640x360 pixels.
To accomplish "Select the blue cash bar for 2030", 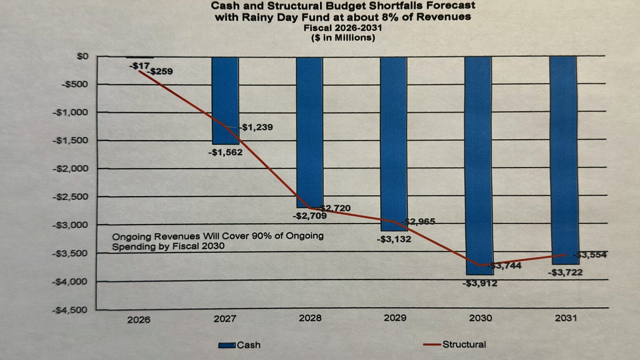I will pos(479,165).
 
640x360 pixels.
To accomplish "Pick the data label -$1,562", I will pos(225,152).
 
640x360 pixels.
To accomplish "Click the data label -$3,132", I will pos(394,239).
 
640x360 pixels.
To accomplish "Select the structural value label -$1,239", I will pos(258,127).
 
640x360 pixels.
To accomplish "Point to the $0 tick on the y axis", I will pos(83,56).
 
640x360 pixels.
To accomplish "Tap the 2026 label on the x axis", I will pos(139,319).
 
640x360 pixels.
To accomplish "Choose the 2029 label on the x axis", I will pos(395,318).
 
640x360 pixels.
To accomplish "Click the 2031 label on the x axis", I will pos(565,318).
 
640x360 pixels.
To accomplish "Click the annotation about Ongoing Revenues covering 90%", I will pos(218,241).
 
